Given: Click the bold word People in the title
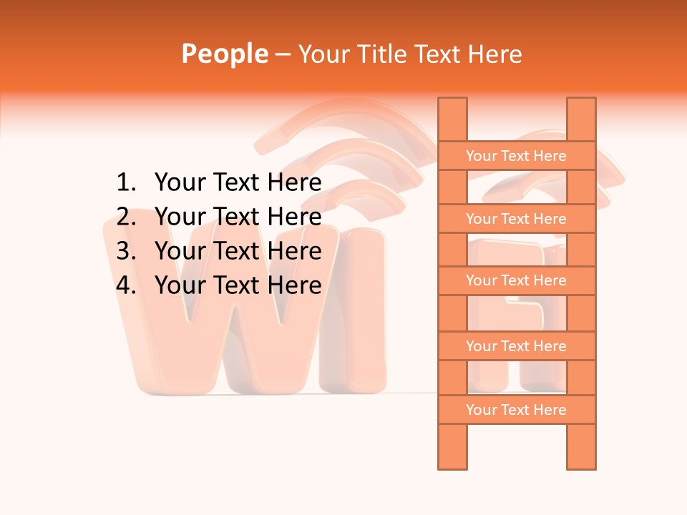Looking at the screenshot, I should pos(225,54).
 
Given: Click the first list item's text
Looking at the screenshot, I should pos(238,183).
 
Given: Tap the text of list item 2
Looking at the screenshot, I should pos(238,217).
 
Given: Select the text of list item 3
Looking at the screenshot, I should pos(238,251).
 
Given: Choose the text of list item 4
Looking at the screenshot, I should pos(238,285).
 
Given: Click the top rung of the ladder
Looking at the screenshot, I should pos(516,156).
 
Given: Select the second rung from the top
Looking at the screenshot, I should pos(516,219).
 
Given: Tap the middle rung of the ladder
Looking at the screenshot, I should pos(516,281).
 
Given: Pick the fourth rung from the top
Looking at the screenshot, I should pos(516,346).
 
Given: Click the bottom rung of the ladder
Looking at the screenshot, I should pos(516,410).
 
